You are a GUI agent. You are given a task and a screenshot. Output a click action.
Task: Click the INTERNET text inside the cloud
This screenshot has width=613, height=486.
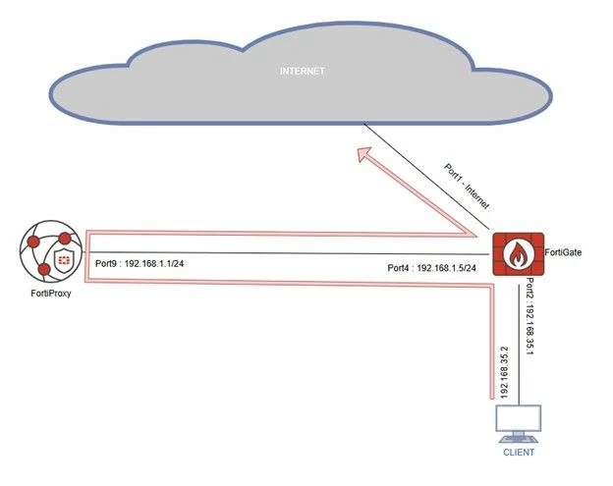(303, 71)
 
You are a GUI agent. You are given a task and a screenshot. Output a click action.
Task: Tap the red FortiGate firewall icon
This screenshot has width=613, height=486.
(519, 254)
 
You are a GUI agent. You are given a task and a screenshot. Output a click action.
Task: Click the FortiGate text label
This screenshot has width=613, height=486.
(563, 252)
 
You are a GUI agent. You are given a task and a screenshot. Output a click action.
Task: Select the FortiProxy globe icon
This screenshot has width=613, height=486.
(51, 251)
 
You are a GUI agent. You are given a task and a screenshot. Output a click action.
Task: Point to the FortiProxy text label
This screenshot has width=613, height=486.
(51, 293)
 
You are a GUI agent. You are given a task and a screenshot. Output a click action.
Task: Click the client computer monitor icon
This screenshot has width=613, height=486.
(519, 424)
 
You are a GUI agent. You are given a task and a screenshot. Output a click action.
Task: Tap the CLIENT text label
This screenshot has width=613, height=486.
(519, 453)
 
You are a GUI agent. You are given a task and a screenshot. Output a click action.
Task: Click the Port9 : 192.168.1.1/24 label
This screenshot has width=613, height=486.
(139, 264)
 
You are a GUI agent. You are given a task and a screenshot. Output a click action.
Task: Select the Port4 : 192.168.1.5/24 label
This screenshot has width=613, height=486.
(431, 268)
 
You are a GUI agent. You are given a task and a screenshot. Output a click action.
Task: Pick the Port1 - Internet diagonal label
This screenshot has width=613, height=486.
(467, 187)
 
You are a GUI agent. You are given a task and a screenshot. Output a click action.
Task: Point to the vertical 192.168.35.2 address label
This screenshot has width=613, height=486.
(504, 372)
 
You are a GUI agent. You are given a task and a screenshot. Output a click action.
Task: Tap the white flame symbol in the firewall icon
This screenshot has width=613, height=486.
(519, 254)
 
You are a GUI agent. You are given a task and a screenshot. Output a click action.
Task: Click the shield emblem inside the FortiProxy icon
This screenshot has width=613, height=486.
(63, 259)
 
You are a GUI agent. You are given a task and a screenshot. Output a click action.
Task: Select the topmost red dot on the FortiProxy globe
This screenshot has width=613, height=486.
(65, 239)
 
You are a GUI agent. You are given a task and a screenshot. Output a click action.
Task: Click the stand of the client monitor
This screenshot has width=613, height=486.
(519, 438)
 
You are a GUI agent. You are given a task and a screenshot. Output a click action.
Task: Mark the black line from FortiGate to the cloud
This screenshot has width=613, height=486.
(426, 177)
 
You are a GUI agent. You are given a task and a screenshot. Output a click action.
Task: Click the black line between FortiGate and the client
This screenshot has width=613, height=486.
(519, 345)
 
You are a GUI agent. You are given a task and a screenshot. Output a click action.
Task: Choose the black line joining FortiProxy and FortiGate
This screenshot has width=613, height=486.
(286, 253)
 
